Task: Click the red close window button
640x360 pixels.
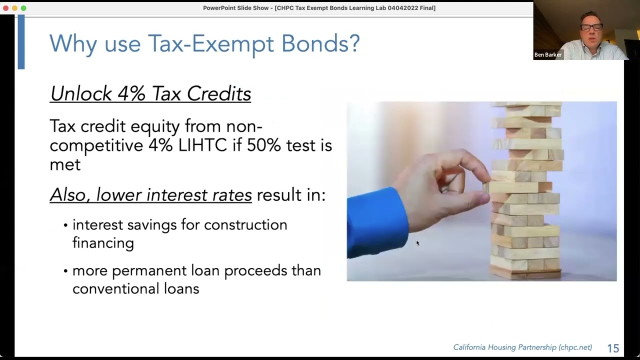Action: point(5,8)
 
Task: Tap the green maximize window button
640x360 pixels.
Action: point(23,8)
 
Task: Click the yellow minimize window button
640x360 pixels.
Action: point(14,8)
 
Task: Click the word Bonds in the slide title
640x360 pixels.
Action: point(320,43)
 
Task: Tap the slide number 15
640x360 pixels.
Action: point(613,348)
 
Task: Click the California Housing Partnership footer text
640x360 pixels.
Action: point(522,347)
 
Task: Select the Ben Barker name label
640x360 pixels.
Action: point(547,55)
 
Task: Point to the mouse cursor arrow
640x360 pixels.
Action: point(417,243)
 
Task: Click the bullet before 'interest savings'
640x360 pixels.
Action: point(65,225)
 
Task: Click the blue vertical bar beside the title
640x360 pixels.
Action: point(21,42)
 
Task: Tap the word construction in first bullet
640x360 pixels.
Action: point(245,225)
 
